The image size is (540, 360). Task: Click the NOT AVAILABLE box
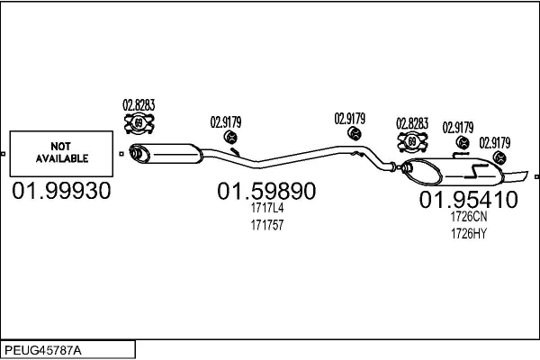tap(61, 154)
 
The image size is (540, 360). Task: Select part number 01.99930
tap(61, 191)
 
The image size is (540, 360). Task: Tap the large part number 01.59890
tap(266, 191)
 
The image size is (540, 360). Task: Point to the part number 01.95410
tap(468, 200)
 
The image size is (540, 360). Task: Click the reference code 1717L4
tap(267, 208)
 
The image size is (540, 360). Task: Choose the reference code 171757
tap(267, 225)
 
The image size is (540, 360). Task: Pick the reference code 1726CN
tap(469, 217)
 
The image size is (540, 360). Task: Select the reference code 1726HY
tap(469, 234)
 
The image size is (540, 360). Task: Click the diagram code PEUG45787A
tap(43, 350)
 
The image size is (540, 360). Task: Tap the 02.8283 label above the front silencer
tap(139, 105)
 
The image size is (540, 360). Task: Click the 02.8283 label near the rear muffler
tap(412, 123)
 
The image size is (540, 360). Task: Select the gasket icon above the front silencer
tap(139, 123)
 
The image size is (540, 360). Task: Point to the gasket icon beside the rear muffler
tap(412, 141)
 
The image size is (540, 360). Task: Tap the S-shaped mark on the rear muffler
tap(475, 171)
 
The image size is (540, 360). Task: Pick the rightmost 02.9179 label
tap(495, 143)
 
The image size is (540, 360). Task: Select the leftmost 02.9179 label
tap(226, 122)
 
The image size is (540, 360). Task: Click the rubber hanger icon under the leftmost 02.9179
tap(230, 137)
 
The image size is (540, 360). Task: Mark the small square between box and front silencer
tap(121, 154)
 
